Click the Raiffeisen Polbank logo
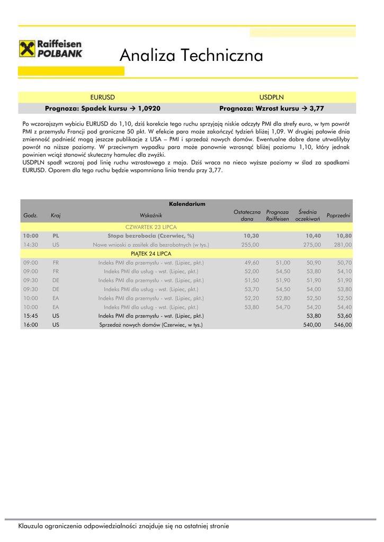(51, 49)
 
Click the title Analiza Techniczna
(191, 55)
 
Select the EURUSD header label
(103, 97)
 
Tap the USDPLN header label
(272, 97)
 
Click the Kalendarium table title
(187, 204)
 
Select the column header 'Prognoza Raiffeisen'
(278, 215)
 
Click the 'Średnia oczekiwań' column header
(308, 215)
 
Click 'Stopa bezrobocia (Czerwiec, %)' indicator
(151, 236)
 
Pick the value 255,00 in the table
(250, 245)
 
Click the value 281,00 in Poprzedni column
(343, 245)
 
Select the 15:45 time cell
(31, 316)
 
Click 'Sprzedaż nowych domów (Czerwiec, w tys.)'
(151, 325)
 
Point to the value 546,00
(343, 325)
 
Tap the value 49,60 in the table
(252, 263)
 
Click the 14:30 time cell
(31, 245)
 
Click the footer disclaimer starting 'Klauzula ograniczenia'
(123, 526)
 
